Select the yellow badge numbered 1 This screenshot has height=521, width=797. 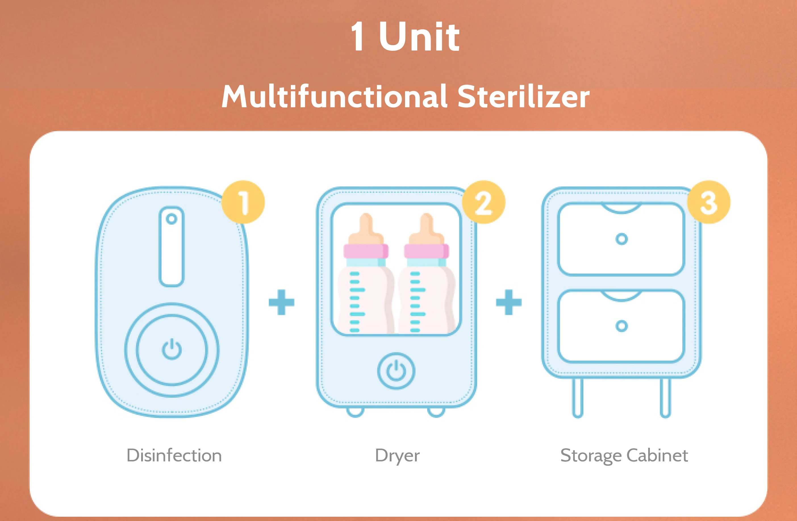(243, 202)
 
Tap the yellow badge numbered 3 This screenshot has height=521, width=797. (709, 202)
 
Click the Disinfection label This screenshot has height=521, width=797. (174, 455)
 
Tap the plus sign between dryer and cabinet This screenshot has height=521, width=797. (509, 302)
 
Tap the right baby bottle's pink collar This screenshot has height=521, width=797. (426, 251)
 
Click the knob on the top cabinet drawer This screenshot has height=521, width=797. (621, 239)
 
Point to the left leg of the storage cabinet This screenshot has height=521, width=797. (578, 398)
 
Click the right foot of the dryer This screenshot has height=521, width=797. (436, 412)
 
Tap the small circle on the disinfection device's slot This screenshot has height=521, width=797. (172, 219)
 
